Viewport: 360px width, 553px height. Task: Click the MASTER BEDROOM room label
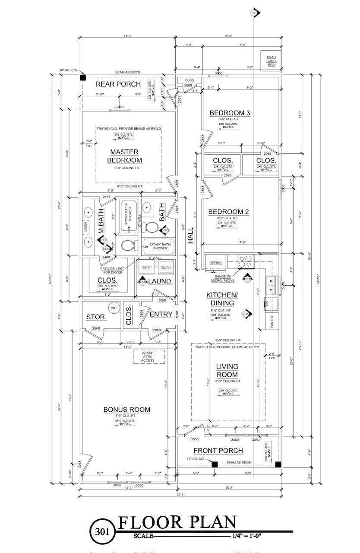(x=124, y=156)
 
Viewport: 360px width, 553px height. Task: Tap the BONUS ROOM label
(x=126, y=410)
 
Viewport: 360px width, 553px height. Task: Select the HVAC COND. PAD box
(x=271, y=60)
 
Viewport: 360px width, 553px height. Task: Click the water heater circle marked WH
(x=114, y=308)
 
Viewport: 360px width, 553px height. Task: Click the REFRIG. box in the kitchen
(x=215, y=263)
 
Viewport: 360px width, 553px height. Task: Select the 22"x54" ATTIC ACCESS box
(x=148, y=356)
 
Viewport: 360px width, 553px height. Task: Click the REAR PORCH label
(x=118, y=84)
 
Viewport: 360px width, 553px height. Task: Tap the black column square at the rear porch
(x=83, y=78)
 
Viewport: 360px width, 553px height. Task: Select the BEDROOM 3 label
(x=230, y=113)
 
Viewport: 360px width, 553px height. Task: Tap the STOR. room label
(x=96, y=317)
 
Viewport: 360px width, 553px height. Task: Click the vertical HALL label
(x=190, y=237)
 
